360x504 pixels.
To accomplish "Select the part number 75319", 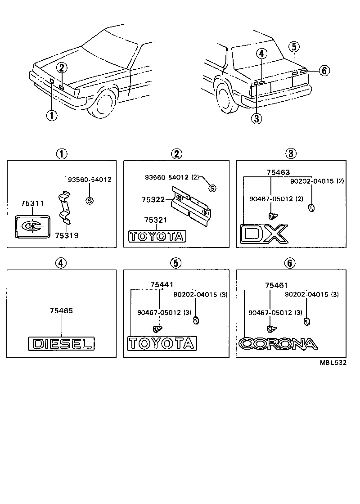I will click(x=67, y=235).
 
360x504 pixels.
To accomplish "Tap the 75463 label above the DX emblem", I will click(x=278, y=172).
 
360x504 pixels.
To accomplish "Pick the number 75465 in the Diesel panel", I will click(x=62, y=310).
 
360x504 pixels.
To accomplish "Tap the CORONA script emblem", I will click(x=278, y=344).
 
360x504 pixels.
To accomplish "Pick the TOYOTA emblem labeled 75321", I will click(x=157, y=236).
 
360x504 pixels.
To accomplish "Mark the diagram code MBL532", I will click(x=333, y=364).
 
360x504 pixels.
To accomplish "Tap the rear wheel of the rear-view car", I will click(x=227, y=96).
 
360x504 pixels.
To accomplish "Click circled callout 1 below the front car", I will click(x=52, y=115).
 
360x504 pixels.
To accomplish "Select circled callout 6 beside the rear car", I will click(x=324, y=70).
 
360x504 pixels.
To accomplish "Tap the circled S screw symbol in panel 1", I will click(x=89, y=200).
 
